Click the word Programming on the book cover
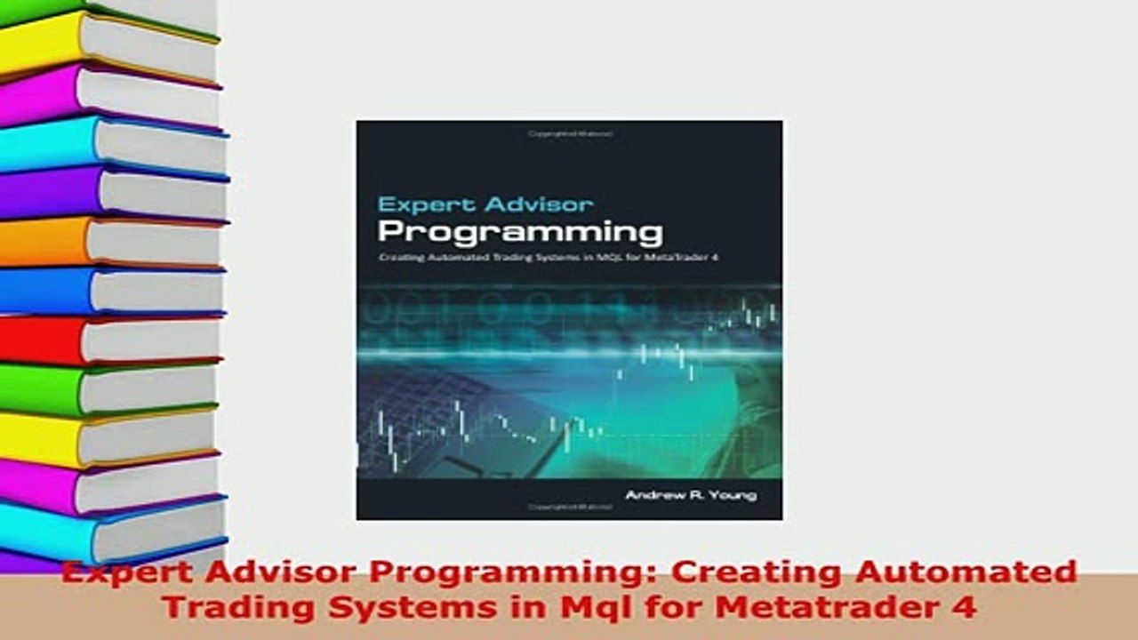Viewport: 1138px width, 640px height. point(520,233)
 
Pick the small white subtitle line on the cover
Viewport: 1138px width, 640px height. point(547,259)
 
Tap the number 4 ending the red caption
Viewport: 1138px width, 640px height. point(966,607)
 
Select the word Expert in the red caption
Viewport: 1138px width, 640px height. point(120,572)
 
